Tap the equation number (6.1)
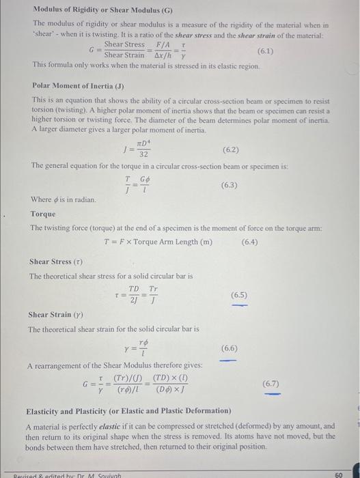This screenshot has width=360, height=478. pyautogui.click(x=267, y=51)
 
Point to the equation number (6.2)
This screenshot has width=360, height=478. pyautogui.click(x=230, y=149)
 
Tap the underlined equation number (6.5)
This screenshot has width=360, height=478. pyautogui.click(x=239, y=295)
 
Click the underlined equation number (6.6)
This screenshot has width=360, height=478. pyautogui.click(x=230, y=348)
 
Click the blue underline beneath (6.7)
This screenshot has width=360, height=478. pyautogui.click(x=272, y=393)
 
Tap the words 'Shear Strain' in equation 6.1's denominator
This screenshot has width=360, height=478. pyautogui.click(x=124, y=55)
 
